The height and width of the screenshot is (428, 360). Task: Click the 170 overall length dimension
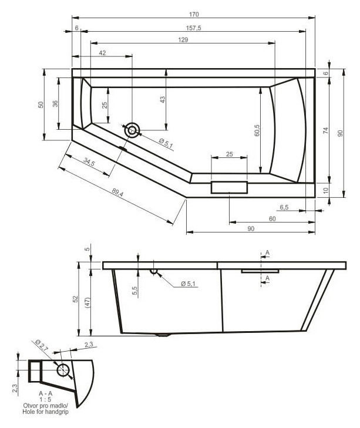(194, 14)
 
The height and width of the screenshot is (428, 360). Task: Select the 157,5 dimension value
(194, 28)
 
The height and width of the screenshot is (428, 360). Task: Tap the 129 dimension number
(183, 39)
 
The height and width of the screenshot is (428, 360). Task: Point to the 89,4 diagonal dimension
(117, 193)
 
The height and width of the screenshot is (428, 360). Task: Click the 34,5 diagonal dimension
(89, 162)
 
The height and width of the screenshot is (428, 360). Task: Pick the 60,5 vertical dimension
(257, 130)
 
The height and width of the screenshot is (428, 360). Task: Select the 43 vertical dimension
(163, 99)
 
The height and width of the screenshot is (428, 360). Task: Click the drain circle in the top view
(132, 130)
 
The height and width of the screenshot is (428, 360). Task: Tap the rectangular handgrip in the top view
(229, 187)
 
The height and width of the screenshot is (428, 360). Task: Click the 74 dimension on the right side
(325, 130)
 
